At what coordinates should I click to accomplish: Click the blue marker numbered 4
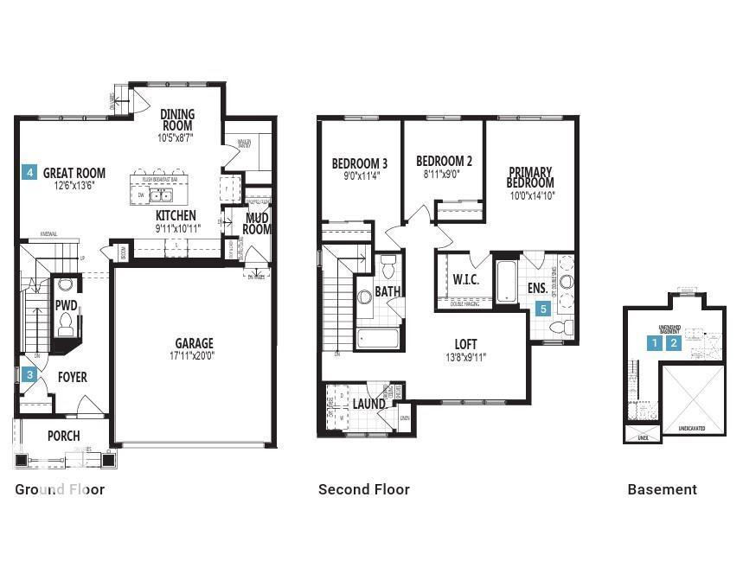[29, 172]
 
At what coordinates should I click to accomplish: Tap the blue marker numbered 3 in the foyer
[29, 375]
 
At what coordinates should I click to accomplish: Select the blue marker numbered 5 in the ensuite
[543, 308]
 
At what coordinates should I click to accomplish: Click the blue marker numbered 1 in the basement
[657, 342]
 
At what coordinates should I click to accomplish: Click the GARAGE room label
[194, 343]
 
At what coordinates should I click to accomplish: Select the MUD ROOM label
[257, 223]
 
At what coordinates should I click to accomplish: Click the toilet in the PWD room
[66, 324]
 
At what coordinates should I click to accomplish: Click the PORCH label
[63, 437]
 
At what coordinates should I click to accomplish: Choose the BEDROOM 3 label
[359, 163]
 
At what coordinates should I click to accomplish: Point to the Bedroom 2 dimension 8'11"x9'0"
[444, 173]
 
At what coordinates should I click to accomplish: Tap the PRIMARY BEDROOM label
[530, 177]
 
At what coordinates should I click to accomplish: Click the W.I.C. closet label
[465, 280]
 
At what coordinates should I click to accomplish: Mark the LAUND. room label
[369, 404]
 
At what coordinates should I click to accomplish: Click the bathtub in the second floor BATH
[377, 338]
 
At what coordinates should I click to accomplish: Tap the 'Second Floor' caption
[363, 489]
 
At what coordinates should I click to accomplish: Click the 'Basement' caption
[662, 489]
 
